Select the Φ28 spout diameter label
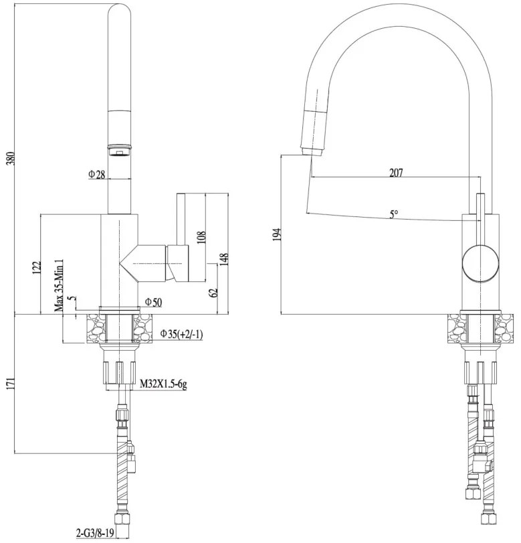[x=97, y=175]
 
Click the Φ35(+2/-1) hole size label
[x=182, y=333]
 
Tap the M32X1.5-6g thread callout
[x=164, y=384]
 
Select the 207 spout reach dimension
[x=396, y=173]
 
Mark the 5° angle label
[x=395, y=214]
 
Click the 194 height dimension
[x=278, y=233]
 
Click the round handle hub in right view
[x=479, y=262]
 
